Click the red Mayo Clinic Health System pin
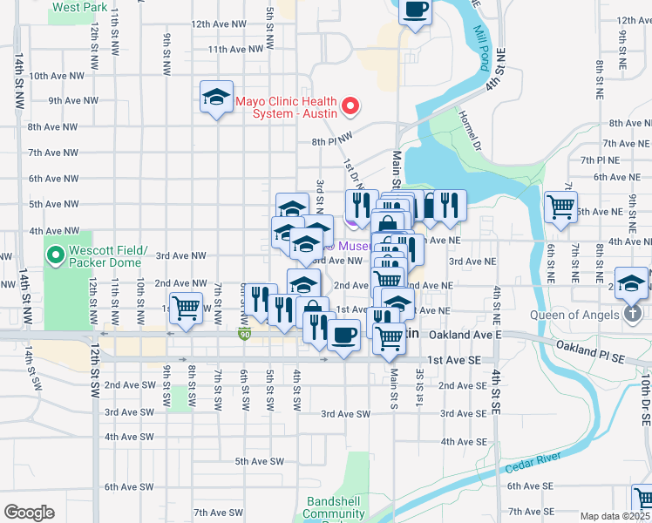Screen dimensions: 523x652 coord(350,107)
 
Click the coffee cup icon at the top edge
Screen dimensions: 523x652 coord(416,10)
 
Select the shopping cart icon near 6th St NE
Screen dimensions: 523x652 coord(560,207)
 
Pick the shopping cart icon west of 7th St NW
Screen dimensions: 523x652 coord(186,308)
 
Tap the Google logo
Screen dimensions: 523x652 coord(29,513)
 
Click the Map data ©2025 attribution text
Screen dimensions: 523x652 coord(615,516)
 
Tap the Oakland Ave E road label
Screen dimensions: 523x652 coord(474,334)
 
